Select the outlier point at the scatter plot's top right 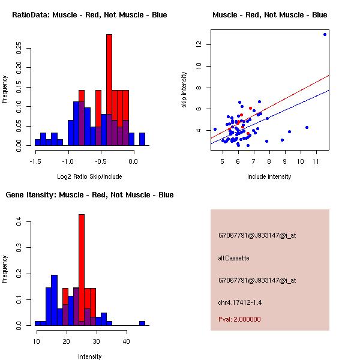point(325,34)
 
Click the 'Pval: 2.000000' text point(239,319)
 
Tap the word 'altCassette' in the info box point(233,258)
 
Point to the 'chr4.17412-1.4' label point(240,302)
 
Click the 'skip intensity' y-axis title point(184,90)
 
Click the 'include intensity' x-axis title point(269,176)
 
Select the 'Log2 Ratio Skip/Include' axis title point(89,176)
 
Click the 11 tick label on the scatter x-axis point(316,161)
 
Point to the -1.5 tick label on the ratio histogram point(35,161)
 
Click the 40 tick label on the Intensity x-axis point(126,341)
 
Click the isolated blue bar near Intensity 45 point(142,323)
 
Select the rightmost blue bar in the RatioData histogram point(142,139)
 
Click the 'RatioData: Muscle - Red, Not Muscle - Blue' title point(89,14)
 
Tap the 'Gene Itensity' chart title point(89,195)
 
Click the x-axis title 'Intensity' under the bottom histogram point(89,356)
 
